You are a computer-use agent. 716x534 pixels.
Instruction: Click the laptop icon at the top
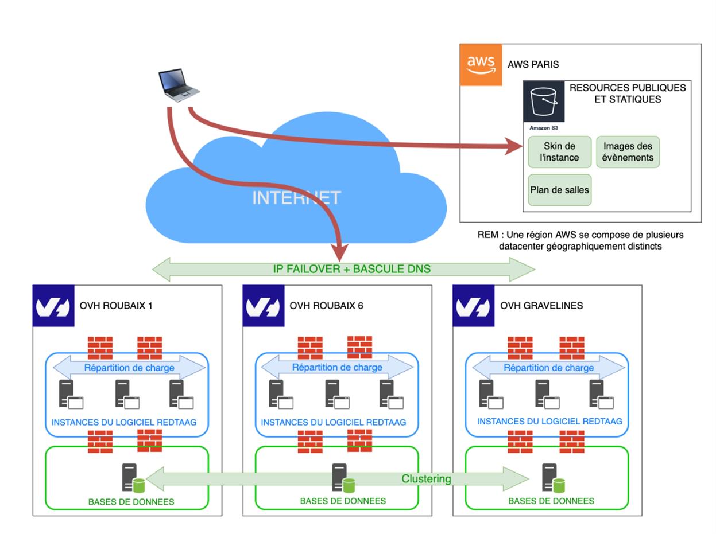coord(179,85)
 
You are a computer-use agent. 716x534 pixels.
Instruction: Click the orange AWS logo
coord(481,65)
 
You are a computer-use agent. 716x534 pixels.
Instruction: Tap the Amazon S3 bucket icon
coord(543,102)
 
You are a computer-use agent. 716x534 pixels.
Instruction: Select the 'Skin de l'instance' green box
coord(559,152)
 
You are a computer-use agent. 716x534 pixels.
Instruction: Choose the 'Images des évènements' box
coord(628,152)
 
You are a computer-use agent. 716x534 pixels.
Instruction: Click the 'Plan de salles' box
coord(559,190)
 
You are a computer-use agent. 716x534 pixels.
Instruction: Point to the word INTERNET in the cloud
coord(296,198)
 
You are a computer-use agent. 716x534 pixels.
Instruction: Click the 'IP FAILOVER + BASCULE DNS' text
coord(351,269)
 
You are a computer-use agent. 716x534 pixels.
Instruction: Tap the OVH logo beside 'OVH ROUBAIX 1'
coord(53,306)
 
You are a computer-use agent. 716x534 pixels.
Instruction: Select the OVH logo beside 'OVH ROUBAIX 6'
coord(264,306)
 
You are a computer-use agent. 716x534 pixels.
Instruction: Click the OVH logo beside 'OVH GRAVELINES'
coord(474,306)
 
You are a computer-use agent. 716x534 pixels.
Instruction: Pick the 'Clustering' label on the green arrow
coord(426,479)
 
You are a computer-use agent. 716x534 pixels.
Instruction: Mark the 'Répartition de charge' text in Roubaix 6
coord(337,368)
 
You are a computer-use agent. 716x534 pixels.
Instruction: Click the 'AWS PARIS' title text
coord(533,65)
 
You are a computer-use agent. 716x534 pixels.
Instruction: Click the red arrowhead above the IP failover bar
coord(340,252)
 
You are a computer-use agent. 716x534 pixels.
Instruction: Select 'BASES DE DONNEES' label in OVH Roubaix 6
coord(343,501)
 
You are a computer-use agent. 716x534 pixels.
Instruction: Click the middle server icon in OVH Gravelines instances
coord(545,394)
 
